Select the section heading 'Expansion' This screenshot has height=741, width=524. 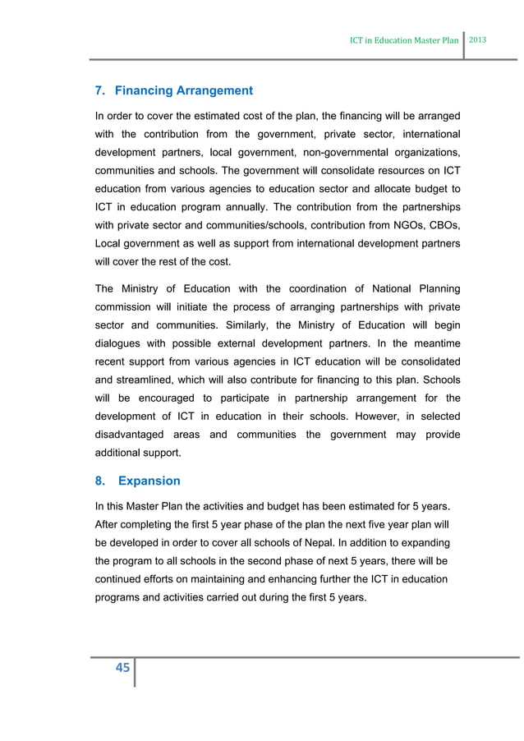point(150,481)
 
